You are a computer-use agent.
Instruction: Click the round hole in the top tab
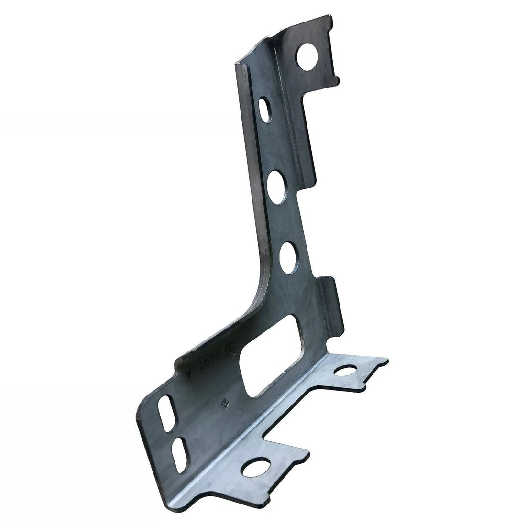click(x=307, y=57)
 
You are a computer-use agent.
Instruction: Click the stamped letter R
click(x=224, y=403)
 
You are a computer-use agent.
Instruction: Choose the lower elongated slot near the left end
click(x=178, y=449)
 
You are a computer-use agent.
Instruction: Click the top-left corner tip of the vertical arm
click(x=237, y=62)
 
